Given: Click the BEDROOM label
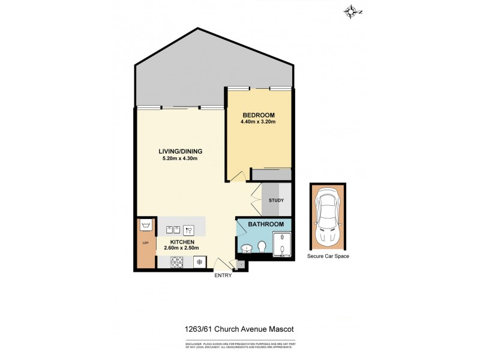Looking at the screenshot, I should pyautogui.click(x=259, y=115).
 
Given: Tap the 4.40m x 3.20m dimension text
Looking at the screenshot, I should pyautogui.click(x=259, y=122).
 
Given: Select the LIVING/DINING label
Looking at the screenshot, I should pyautogui.click(x=180, y=151).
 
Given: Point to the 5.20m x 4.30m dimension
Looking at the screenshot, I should pyautogui.click(x=180, y=158).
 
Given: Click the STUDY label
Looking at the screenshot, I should pyautogui.click(x=277, y=201).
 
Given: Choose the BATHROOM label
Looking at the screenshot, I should pyautogui.click(x=267, y=224).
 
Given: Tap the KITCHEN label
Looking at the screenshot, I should pyautogui.click(x=181, y=241).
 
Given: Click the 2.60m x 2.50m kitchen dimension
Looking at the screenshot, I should pyautogui.click(x=181, y=248).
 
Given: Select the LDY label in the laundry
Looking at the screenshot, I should pyautogui.click(x=145, y=243).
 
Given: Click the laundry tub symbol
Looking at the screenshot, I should pyautogui.click(x=145, y=226).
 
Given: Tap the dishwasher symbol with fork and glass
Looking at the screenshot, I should pyautogui.click(x=188, y=229).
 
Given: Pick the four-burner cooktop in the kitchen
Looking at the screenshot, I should pyautogui.click(x=178, y=262).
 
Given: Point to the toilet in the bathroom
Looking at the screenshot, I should pyautogui.click(x=262, y=247).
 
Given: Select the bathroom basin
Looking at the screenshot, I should pyautogui.click(x=245, y=248).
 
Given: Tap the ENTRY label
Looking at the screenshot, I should pyautogui.click(x=223, y=277).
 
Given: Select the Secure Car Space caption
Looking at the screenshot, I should pyautogui.click(x=328, y=256).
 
